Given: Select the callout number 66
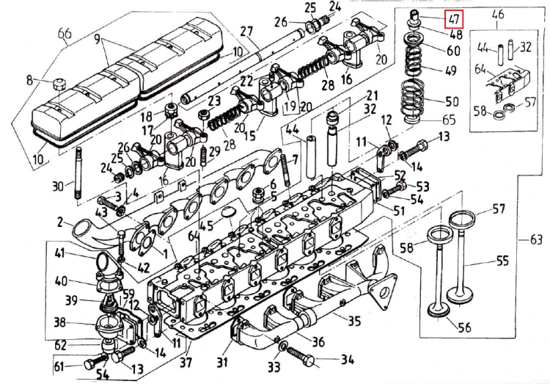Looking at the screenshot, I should [x=64, y=34].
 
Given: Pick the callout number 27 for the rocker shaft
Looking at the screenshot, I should [x=246, y=32].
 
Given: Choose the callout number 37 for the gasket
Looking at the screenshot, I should [x=185, y=363].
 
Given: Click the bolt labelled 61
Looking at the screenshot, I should [x=92, y=363].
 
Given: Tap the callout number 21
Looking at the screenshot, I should [x=372, y=96].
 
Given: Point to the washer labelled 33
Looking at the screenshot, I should [x=282, y=345].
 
